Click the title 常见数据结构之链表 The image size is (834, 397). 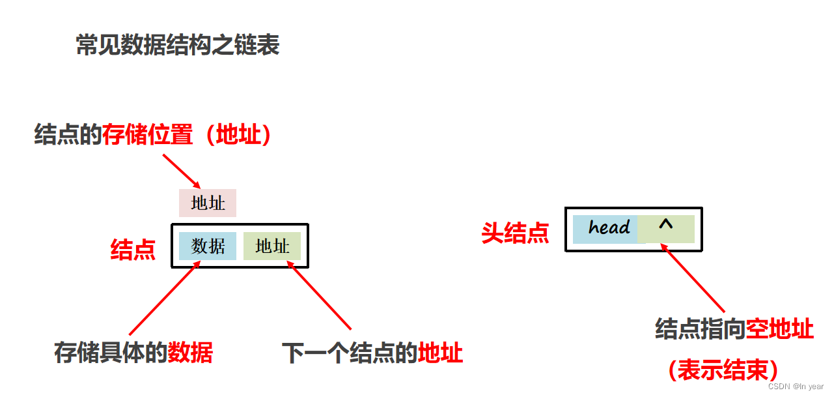click(x=178, y=46)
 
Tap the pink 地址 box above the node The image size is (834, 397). click(x=208, y=203)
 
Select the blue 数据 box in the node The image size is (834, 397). click(x=208, y=246)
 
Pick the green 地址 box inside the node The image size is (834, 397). click(x=272, y=246)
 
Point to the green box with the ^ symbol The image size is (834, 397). click(x=666, y=228)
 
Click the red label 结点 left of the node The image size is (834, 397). click(x=133, y=249)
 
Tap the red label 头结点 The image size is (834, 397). click(x=515, y=233)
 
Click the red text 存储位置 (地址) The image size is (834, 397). click(x=187, y=135)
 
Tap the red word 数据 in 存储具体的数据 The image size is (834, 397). click(x=190, y=353)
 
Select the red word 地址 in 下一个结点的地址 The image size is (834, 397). click(x=441, y=353)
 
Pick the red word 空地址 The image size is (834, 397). click(x=780, y=329)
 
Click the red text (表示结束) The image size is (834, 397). click(x=723, y=370)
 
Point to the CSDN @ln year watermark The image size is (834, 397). click(x=796, y=387)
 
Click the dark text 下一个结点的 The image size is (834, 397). click(x=350, y=353)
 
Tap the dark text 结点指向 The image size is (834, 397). click(x=700, y=329)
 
